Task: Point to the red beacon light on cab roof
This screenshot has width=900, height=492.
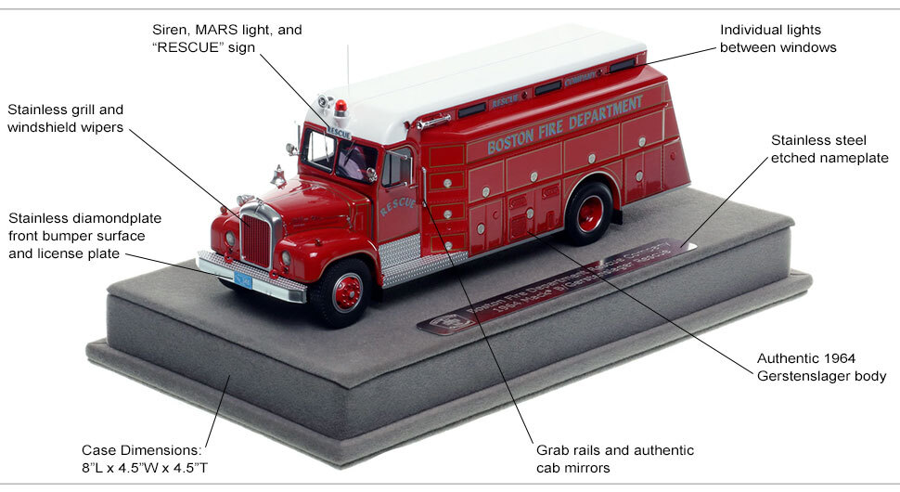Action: tap(340, 109)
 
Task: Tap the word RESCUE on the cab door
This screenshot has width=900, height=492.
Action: tap(397, 203)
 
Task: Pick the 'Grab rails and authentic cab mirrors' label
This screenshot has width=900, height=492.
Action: tap(614, 459)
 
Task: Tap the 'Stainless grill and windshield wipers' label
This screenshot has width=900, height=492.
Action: tap(66, 118)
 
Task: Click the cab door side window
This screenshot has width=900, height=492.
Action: tap(396, 168)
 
